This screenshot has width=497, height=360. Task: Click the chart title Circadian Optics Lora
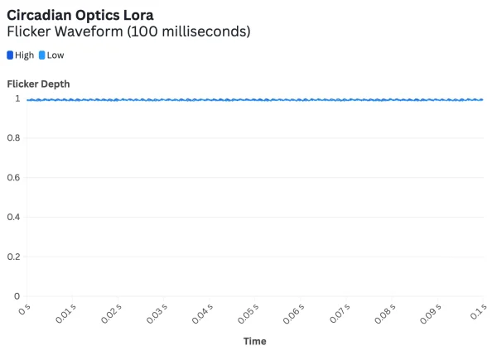[80, 15]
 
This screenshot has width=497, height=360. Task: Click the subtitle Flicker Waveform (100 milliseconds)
[128, 31]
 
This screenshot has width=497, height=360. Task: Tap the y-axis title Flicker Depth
[38, 84]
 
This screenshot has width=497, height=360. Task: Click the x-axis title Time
[255, 341]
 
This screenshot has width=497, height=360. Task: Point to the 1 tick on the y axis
[17, 98]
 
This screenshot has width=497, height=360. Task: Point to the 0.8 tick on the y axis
[14, 138]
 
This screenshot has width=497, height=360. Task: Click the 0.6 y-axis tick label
[14, 177]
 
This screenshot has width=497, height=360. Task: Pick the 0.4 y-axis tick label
[14, 217]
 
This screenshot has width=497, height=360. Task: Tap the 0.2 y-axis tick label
[14, 257]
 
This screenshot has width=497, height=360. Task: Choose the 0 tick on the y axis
[17, 295]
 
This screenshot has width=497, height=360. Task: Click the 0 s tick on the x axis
[23, 310]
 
